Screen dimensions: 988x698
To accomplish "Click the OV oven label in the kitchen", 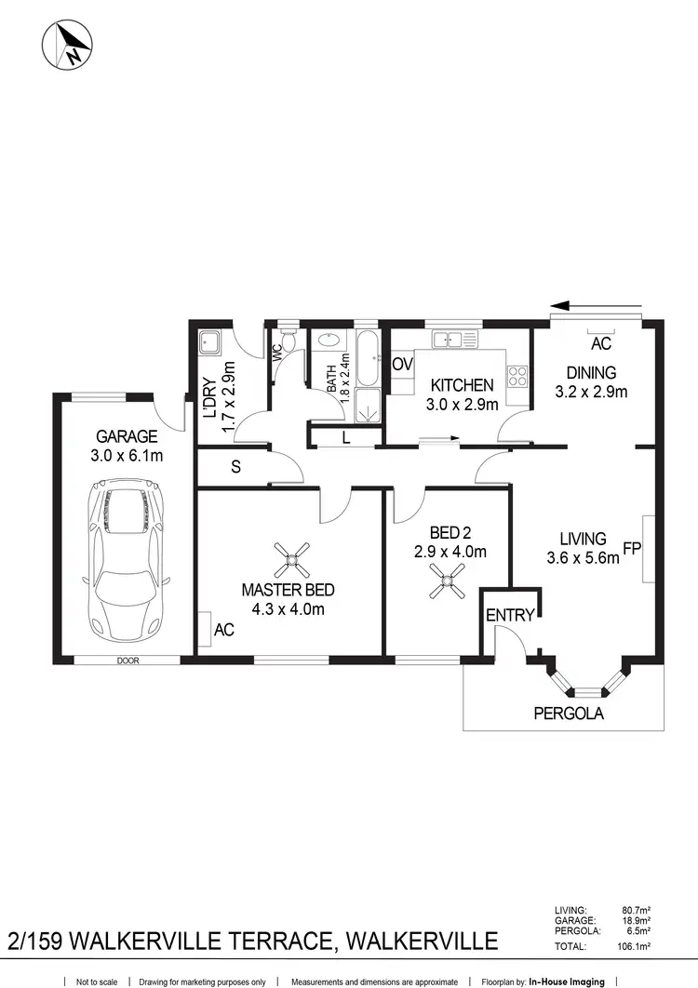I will coord(402,364).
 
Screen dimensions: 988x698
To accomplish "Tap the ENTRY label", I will coord(510,615).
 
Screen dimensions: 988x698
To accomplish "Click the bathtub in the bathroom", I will coord(368,358).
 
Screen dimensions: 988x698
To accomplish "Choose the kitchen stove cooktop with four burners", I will coord(517,376).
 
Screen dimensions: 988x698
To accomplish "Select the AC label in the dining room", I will coord(600,344).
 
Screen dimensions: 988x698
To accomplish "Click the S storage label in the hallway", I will coord(235,468).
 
